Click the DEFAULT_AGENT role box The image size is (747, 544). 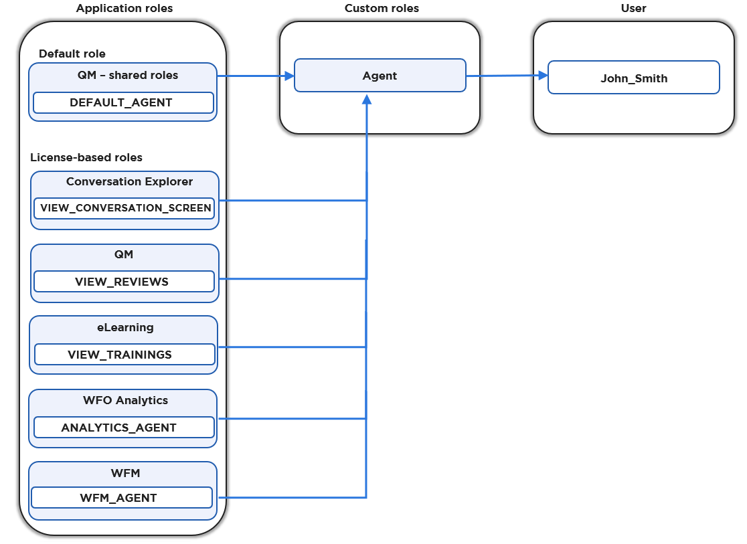point(123,102)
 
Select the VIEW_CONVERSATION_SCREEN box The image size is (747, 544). point(125,208)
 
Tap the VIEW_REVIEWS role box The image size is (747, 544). point(124,282)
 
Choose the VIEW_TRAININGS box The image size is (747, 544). point(124,355)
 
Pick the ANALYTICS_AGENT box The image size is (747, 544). point(124,428)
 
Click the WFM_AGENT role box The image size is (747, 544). point(121,498)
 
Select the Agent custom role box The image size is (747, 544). point(380,76)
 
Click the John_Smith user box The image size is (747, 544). point(633,78)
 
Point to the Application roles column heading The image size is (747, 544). point(124,9)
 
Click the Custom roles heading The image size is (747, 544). point(381,9)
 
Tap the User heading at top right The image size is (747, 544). point(633,9)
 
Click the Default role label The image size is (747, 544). point(72,54)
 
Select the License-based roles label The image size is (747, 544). point(86,158)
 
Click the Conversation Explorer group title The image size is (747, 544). point(129,181)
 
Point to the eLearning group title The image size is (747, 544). point(125,327)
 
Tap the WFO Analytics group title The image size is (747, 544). point(125,400)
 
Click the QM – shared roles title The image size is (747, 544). point(127,75)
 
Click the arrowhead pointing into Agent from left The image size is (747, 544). point(289,76)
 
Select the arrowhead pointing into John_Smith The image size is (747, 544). point(542,76)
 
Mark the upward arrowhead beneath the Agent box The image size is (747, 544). point(366,99)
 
